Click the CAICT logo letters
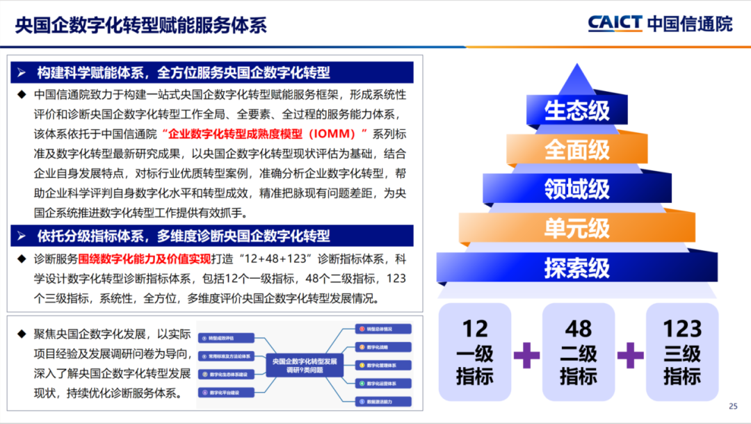(615, 23)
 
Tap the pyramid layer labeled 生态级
(576, 111)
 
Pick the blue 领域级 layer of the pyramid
(576, 188)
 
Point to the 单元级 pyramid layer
(576, 228)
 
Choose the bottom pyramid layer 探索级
(576, 268)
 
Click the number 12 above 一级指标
(475, 328)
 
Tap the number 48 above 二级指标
(579, 328)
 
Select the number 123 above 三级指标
(682, 328)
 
